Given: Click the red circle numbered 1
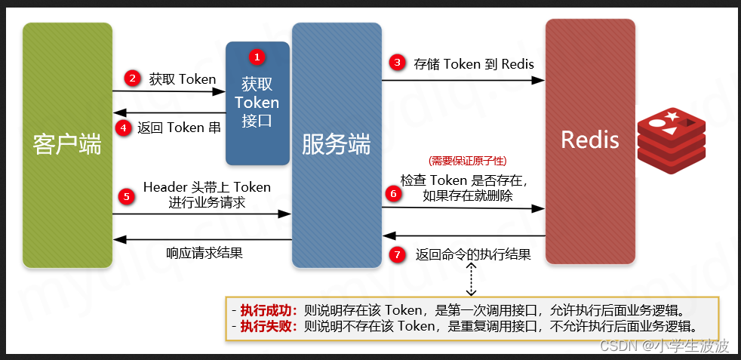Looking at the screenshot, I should (x=258, y=57).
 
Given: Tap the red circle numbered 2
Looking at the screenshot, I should (x=133, y=78).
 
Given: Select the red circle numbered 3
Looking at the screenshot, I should (x=397, y=63).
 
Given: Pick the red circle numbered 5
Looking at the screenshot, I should (x=127, y=195).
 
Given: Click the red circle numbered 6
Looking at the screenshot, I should (x=392, y=193).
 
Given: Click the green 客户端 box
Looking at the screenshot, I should (x=67, y=145).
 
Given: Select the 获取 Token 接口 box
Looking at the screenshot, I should (x=257, y=103).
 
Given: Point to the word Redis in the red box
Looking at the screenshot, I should (x=589, y=140).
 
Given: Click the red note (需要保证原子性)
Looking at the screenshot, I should (x=467, y=161).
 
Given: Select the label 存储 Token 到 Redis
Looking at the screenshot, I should (x=473, y=63).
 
